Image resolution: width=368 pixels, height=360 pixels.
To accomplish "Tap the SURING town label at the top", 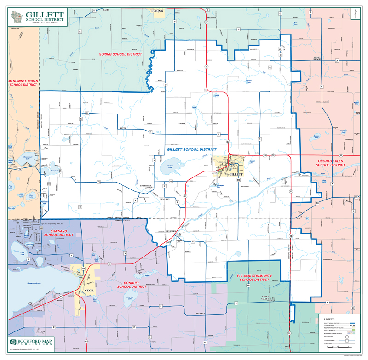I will pyautogui.click(x=157, y=9).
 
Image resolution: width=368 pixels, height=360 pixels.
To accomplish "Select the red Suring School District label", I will pyautogui.click(x=121, y=54).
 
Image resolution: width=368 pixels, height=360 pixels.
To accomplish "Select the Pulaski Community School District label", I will pyautogui.click(x=253, y=277).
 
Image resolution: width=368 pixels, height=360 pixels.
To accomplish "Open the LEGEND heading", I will pyautogui.click(x=331, y=318).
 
